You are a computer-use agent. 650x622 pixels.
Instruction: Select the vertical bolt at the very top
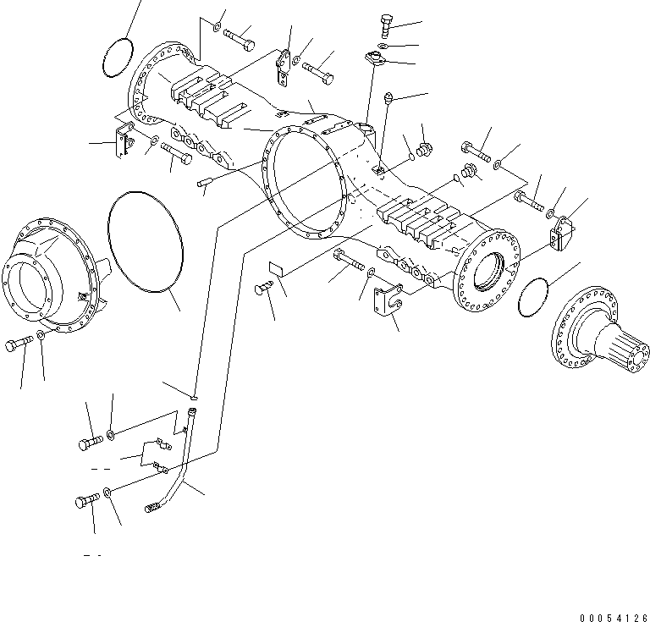point(386,25)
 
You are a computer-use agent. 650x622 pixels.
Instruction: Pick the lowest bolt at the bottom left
point(82,502)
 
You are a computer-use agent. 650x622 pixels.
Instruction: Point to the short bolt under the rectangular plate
point(263,290)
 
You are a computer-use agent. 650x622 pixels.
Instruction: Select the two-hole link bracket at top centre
point(284,69)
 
